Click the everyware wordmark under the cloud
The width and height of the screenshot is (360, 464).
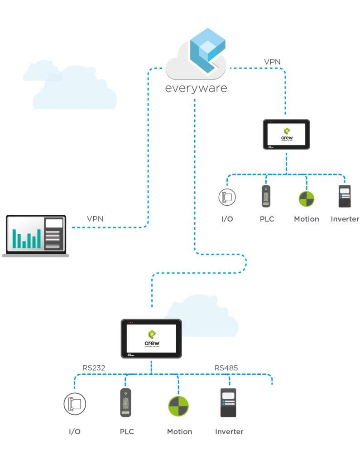click(x=196, y=87)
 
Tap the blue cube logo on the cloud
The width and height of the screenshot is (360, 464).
click(x=207, y=49)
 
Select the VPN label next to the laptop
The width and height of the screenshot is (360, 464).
click(x=95, y=219)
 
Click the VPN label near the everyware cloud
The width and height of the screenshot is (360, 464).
click(x=273, y=61)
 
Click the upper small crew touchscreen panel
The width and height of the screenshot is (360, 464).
click(x=286, y=134)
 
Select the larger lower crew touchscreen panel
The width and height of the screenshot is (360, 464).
click(x=151, y=338)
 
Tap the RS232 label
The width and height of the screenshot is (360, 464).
click(x=94, y=368)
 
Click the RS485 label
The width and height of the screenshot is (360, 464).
click(x=226, y=368)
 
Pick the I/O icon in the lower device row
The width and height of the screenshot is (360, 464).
click(x=75, y=404)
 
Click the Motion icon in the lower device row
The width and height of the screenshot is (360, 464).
click(x=178, y=406)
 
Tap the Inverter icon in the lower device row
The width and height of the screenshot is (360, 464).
click(x=228, y=402)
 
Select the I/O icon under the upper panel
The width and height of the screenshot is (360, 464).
click(x=226, y=197)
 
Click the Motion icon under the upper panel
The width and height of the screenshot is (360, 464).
click(x=306, y=198)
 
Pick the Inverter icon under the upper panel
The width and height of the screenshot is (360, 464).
click(x=345, y=196)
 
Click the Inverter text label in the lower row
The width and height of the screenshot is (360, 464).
click(x=229, y=431)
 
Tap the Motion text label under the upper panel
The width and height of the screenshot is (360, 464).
click(x=307, y=219)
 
